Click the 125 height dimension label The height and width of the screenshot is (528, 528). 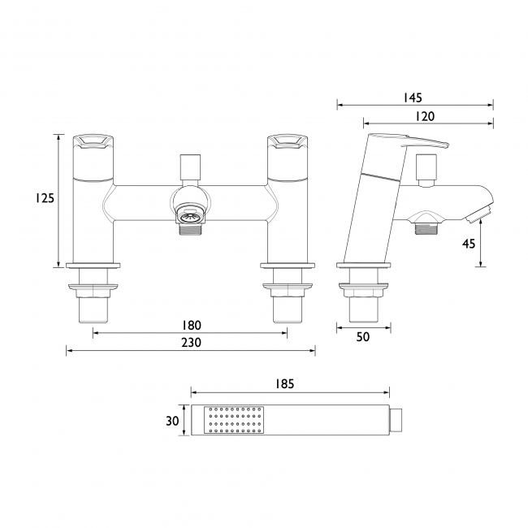(x=45, y=198)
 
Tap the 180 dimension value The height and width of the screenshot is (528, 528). (x=191, y=325)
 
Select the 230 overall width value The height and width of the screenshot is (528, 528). (x=191, y=343)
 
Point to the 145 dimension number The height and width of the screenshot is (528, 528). (x=413, y=97)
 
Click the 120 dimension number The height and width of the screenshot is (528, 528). (x=425, y=116)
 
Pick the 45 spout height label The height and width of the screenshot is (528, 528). (x=469, y=244)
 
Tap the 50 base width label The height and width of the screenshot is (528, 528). (x=363, y=337)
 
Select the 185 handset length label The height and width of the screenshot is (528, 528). (x=284, y=384)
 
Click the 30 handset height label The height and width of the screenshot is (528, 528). (x=172, y=421)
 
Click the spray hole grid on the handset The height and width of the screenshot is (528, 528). (x=235, y=420)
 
